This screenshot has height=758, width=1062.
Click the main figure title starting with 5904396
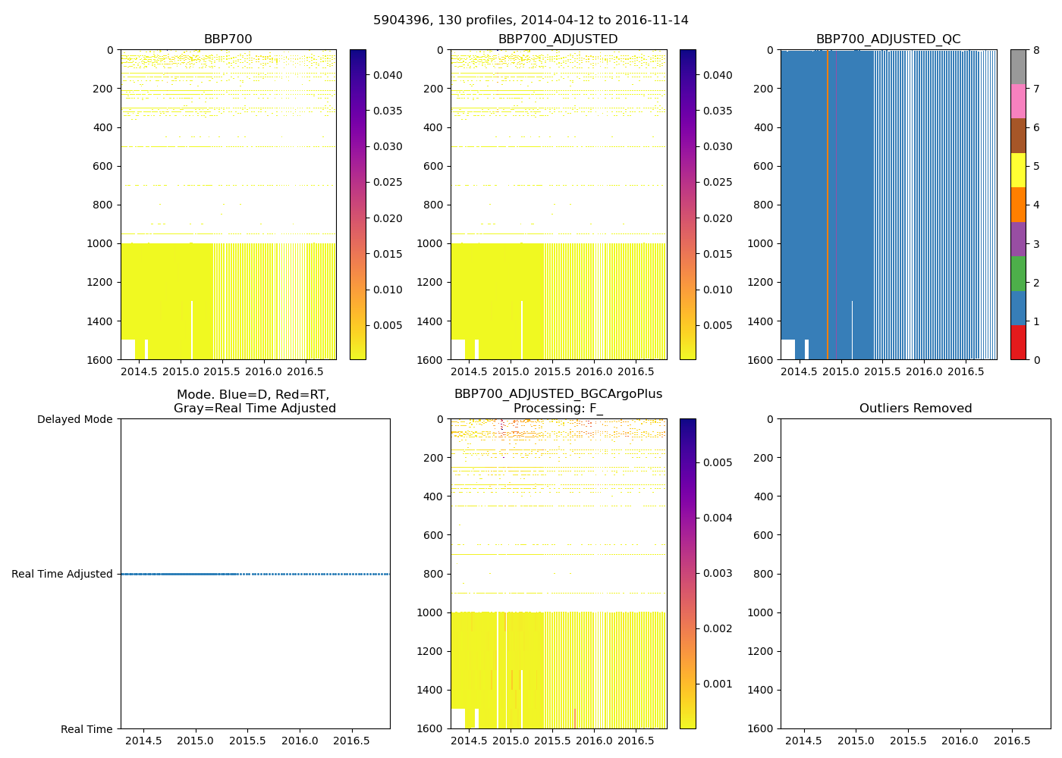[530, 20]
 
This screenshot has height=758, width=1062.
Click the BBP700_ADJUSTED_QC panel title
[888, 39]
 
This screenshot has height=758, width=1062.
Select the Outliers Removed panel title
[915, 409]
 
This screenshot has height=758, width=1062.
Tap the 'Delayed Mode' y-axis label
[74, 419]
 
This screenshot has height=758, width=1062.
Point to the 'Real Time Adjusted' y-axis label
[62, 574]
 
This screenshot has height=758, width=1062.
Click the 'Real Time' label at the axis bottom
[86, 729]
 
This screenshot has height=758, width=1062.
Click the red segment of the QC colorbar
[1018, 343]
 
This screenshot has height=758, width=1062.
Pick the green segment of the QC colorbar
[1018, 273]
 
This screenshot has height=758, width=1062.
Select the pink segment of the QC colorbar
[1018, 101]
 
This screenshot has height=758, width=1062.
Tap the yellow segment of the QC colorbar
[1018, 170]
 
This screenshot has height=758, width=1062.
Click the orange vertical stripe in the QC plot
[828, 205]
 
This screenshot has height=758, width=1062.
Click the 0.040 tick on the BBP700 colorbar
[388, 75]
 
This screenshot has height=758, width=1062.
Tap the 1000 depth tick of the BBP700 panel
[101, 243]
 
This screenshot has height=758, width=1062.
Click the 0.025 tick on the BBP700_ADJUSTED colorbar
[717, 182]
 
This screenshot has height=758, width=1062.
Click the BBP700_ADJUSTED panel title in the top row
[558, 39]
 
